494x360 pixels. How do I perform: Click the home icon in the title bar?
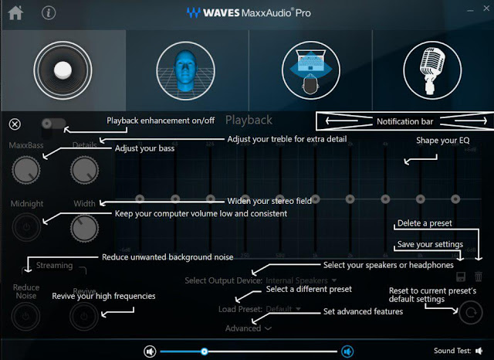tap(15, 12)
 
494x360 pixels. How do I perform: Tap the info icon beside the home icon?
tap(49, 12)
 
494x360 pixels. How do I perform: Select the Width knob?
tap(85, 228)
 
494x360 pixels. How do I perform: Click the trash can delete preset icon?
tap(479, 276)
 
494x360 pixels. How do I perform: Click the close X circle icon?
tap(15, 124)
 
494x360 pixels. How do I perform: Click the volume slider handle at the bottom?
tap(204, 351)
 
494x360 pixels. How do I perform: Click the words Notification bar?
tap(405, 121)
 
